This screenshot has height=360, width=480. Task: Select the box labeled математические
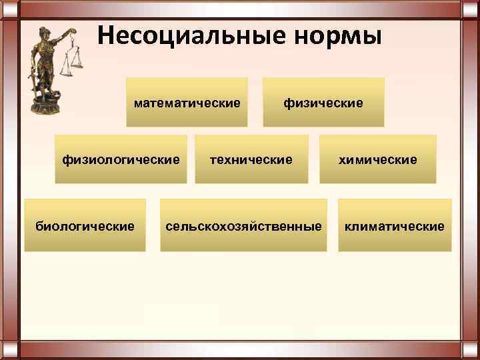pos(187,103)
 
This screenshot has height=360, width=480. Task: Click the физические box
pos(323,103)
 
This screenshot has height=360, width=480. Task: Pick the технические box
pos(251,159)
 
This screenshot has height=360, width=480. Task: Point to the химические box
pos(378,159)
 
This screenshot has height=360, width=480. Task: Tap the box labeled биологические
pos(85,225)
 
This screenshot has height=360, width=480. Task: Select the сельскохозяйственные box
pos(243,225)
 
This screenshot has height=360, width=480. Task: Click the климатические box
pos(395,225)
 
